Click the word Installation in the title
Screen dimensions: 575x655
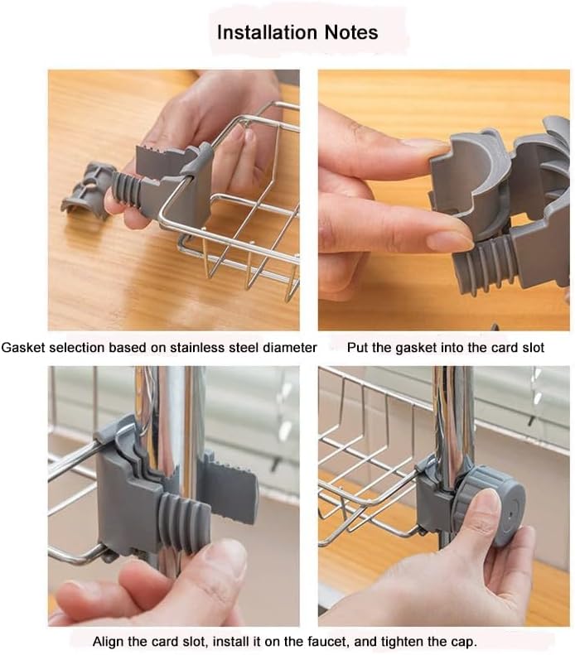(268, 32)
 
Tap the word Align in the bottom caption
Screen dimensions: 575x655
(108, 642)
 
